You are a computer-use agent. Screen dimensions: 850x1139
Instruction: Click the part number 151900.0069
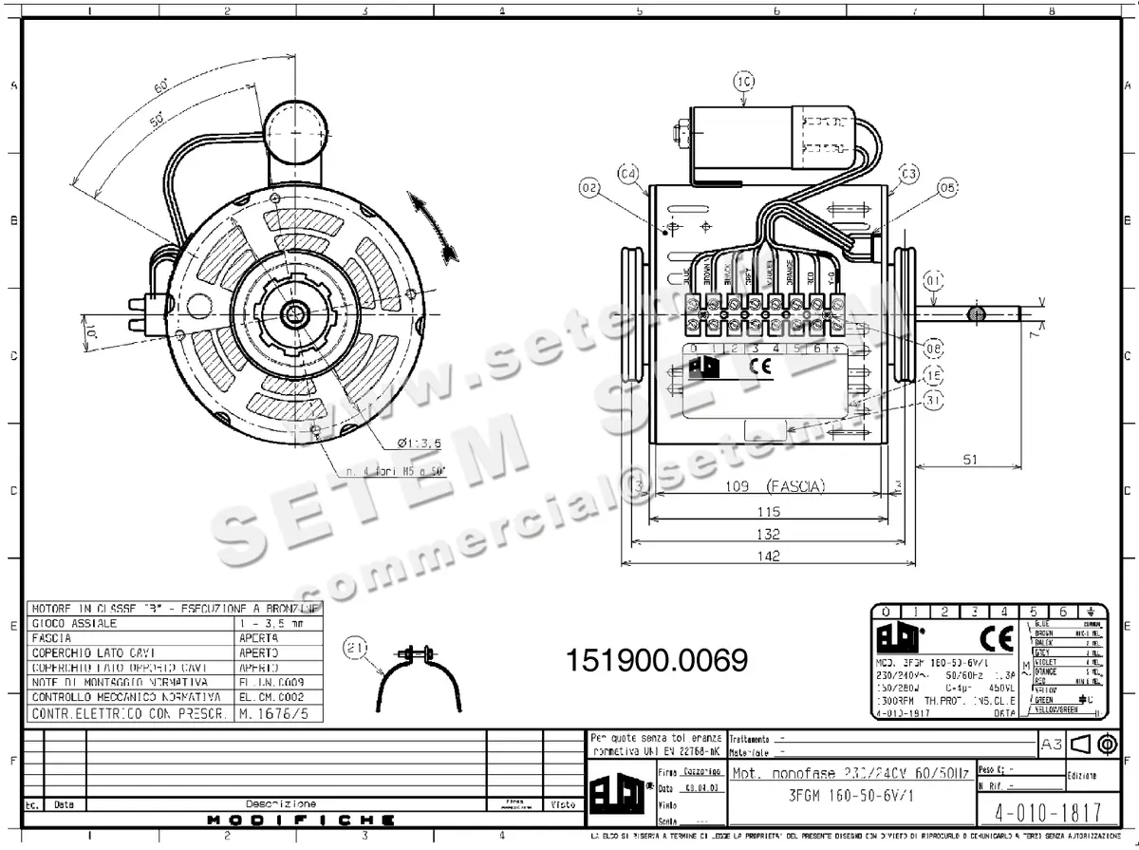coord(656,658)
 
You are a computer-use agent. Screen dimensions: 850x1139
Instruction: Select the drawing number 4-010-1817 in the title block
coord(1039,814)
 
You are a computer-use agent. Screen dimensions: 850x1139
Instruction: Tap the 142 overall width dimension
coord(768,556)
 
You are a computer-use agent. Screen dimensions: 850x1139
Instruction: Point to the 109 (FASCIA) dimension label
coord(768,486)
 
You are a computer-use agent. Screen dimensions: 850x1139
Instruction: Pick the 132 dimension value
coord(768,534)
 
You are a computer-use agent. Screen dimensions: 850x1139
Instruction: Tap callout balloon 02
coord(589,189)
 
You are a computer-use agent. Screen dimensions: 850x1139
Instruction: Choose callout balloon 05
coord(946,188)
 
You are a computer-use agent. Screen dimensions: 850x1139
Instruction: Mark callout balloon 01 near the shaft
coord(934,281)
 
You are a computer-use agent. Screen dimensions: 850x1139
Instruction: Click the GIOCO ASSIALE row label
coord(76,623)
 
